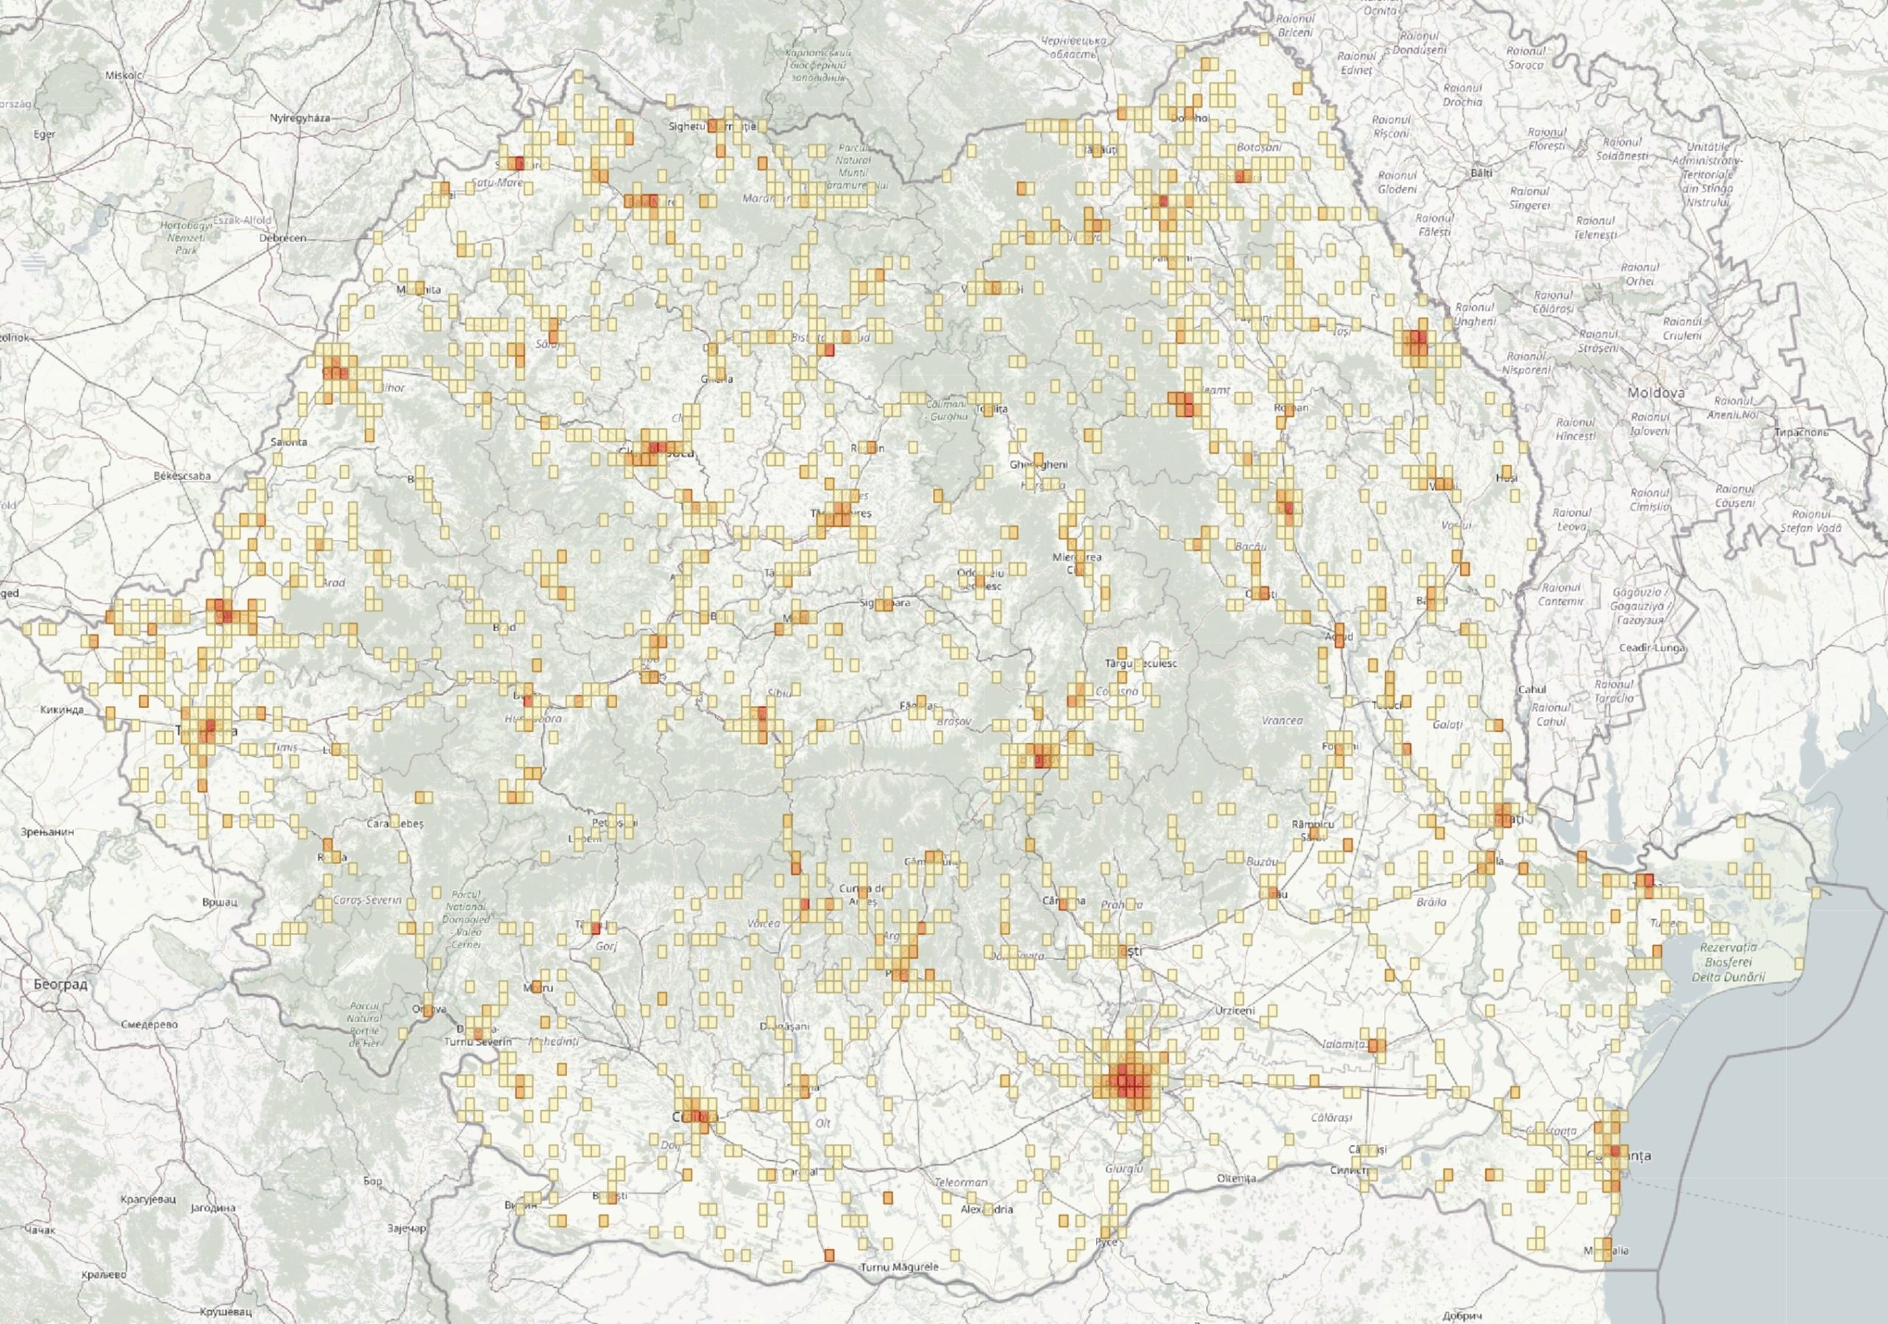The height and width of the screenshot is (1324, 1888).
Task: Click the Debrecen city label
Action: click(x=282, y=238)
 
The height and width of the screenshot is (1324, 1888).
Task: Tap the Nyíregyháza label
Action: click(x=300, y=117)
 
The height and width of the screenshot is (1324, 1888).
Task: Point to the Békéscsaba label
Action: click(x=183, y=475)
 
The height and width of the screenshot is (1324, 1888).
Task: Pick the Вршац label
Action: click(x=220, y=901)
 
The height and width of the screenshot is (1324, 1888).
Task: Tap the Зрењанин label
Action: click(x=49, y=831)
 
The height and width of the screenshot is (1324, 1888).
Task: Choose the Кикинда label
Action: click(x=62, y=710)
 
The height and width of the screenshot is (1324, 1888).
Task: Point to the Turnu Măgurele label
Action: click(x=899, y=1267)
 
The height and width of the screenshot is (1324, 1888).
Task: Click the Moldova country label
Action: click(x=1655, y=393)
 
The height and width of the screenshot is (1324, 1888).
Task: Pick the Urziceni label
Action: click(x=1235, y=1011)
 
